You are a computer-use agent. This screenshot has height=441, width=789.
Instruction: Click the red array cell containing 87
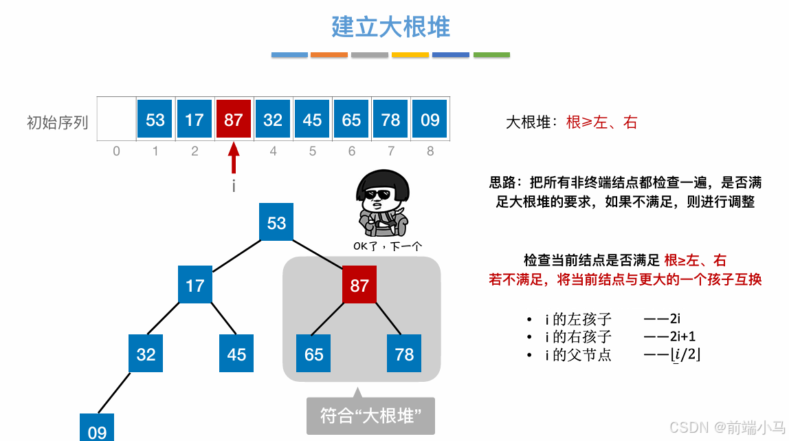pos(234,120)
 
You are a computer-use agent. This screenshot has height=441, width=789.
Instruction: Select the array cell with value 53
pos(155,120)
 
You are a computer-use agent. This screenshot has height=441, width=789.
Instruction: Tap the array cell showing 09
pos(430,120)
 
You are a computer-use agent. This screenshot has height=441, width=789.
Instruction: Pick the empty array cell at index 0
pos(116,120)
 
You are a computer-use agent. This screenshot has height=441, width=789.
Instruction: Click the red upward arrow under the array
pos(234,158)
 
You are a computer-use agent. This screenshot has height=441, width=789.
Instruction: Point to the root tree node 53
pos(276,222)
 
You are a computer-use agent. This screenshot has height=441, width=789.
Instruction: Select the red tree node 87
pos(359,285)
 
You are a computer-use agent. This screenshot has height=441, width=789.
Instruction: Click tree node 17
pos(195,285)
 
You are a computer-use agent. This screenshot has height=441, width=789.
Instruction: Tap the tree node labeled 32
pos(146,354)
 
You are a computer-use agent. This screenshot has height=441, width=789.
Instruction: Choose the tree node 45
pos(236,354)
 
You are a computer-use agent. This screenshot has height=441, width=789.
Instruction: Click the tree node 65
pos(314,354)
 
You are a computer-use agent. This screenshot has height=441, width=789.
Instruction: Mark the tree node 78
pos(404,354)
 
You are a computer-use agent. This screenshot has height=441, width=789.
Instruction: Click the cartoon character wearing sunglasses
pos(383,203)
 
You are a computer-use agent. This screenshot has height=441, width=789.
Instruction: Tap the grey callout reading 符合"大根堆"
pos(370,416)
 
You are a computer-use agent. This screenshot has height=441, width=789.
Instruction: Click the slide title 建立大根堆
pos(390,28)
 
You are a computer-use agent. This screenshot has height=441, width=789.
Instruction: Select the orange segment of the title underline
pos(329,55)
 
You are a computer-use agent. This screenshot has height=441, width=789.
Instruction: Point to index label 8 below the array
pos(430,151)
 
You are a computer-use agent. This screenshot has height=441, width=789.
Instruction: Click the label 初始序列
pos(57,122)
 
